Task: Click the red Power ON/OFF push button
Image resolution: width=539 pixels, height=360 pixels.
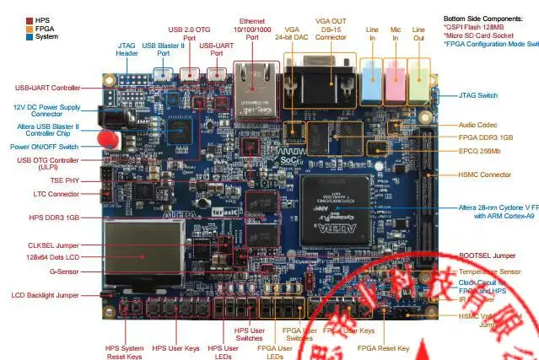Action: pos(106,140)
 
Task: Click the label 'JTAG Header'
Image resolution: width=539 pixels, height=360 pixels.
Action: pos(127,49)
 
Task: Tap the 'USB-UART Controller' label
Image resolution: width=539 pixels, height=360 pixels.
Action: pos(48,88)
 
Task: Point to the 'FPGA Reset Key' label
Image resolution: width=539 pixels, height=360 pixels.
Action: pos(383,347)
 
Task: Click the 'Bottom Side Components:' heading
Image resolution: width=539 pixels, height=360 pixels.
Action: pos(488,18)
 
